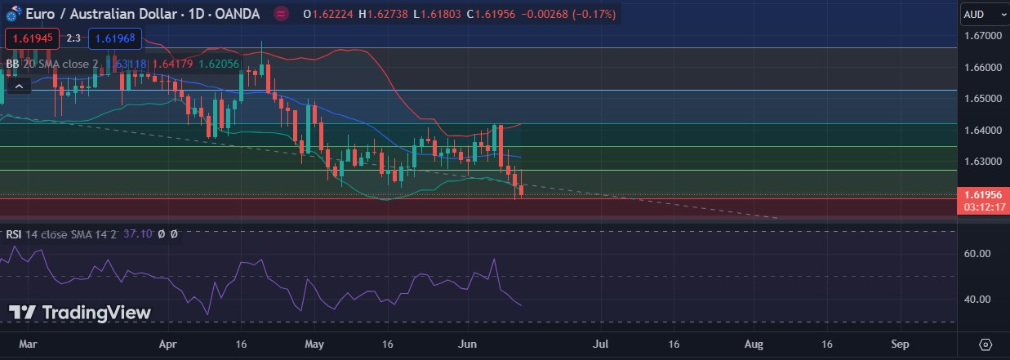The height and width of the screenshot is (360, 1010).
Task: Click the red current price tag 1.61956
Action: point(982,195)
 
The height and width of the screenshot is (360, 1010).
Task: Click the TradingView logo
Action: point(80,313)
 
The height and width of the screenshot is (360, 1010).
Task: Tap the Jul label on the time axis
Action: point(603,344)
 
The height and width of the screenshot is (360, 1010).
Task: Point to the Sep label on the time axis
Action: point(900,344)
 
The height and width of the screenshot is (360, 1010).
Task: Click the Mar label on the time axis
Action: point(29,344)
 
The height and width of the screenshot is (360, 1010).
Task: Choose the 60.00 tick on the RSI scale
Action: point(977,254)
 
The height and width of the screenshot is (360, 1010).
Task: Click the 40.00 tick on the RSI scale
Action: point(977,300)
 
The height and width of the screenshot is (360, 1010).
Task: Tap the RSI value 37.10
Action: point(137,234)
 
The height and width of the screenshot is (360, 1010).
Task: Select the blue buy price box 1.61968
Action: point(115,38)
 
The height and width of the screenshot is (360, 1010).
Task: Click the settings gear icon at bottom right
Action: point(986,344)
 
